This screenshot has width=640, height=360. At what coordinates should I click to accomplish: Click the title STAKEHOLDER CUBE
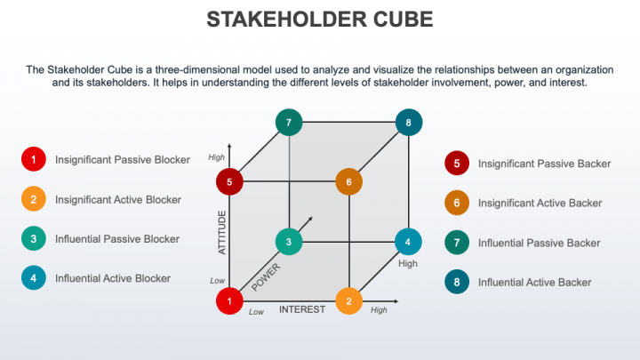pos(320,20)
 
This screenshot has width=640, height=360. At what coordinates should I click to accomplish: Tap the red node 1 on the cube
pos(229,301)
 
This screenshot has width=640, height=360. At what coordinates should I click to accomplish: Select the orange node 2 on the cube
pos(349,301)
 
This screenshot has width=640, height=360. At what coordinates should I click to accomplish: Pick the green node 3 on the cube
pos(288,241)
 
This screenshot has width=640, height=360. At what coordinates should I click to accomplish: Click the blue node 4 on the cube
pos(408,241)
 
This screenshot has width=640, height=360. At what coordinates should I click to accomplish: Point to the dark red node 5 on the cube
pos(229,182)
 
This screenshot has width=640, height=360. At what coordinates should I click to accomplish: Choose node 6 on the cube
pos(349,182)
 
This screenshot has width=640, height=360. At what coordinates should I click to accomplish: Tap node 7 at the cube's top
pos(288,122)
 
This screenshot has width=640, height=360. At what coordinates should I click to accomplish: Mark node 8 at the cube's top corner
pos(408,122)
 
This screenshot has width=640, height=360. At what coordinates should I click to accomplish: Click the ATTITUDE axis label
pos(223,233)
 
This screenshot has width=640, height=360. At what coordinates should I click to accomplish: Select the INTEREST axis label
pos(303,310)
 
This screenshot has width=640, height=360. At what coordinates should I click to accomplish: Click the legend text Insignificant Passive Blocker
pos(123,160)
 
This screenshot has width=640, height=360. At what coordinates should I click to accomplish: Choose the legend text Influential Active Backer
pos(534,283)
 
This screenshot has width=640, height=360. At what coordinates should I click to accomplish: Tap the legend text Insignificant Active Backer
pos(540,204)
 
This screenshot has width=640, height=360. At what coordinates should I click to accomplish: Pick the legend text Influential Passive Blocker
pos(117,238)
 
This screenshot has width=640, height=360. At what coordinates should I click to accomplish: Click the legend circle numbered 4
pos(33,277)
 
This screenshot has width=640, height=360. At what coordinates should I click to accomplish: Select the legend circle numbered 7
pos(456,243)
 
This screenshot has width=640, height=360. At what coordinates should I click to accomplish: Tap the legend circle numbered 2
pos(33,199)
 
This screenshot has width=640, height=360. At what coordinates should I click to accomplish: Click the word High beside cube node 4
pos(408,264)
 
